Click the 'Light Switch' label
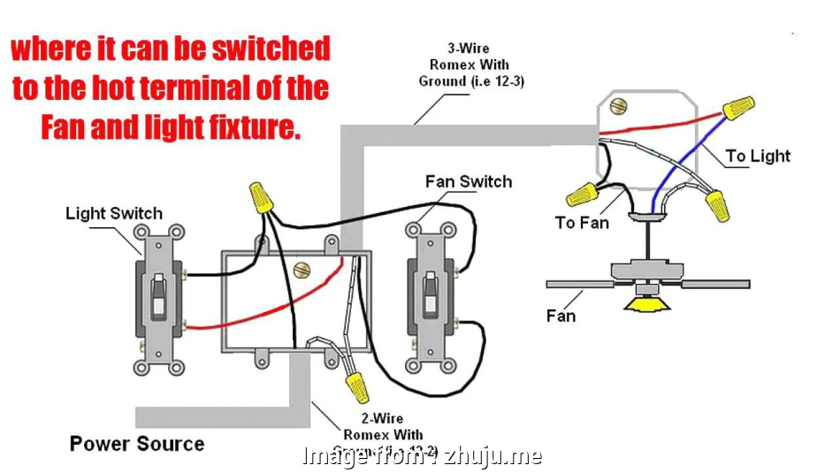point(114,213)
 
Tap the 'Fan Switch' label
point(468,181)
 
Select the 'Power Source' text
point(137,443)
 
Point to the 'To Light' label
point(758,156)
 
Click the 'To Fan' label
point(582,223)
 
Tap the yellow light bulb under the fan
point(646,303)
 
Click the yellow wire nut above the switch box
point(259,196)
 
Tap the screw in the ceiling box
point(618,106)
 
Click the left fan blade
point(579,284)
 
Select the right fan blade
point(715,284)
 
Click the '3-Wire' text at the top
point(468,49)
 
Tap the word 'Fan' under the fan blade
point(561,316)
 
